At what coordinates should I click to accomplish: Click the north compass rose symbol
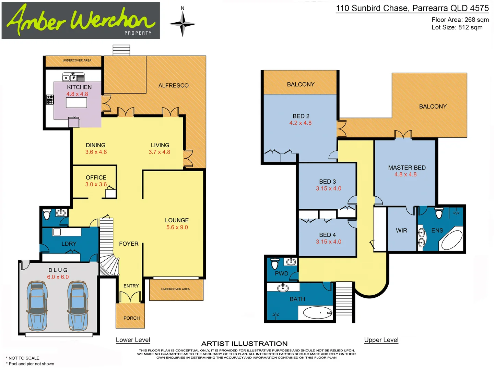pyautogui.click(x=183, y=24)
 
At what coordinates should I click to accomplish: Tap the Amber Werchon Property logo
pyautogui.click(x=81, y=20)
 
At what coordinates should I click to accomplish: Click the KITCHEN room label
pyautogui.click(x=79, y=87)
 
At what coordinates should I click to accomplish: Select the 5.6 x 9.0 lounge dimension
pyautogui.click(x=177, y=227)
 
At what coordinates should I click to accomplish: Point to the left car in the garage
pyautogui.click(x=37, y=306)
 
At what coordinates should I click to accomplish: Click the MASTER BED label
pyautogui.click(x=407, y=168)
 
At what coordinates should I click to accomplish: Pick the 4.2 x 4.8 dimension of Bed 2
pyautogui.click(x=301, y=123)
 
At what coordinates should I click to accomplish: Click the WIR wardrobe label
pyautogui.click(x=401, y=231)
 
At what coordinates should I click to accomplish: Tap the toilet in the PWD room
pyautogui.click(x=274, y=264)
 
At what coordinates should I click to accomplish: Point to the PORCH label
pyautogui.click(x=131, y=318)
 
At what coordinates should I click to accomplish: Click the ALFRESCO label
pyautogui.click(x=173, y=86)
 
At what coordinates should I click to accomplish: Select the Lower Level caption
pyautogui.click(x=133, y=340)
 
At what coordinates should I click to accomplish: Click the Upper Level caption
pyautogui.click(x=381, y=340)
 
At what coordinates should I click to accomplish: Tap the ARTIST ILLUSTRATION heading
pyautogui.click(x=244, y=344)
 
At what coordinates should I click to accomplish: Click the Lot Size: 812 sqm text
pyautogui.click(x=457, y=27)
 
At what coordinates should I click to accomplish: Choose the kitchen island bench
pyautogui.click(x=77, y=102)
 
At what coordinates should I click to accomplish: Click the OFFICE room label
pyautogui.click(x=96, y=177)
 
